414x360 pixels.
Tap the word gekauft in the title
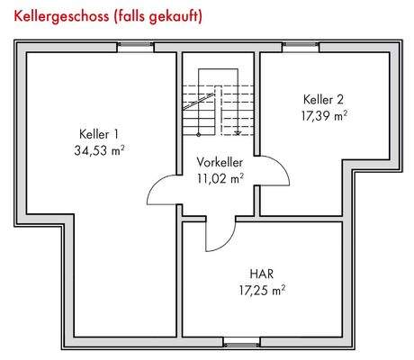pyautogui.click(x=171, y=16)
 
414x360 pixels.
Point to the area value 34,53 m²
pyautogui.click(x=99, y=150)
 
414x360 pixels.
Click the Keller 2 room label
pyautogui.click(x=324, y=99)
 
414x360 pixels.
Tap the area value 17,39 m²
pyautogui.click(x=324, y=114)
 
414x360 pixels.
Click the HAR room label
pyautogui.click(x=261, y=273)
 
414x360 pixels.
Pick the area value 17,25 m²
pyautogui.click(x=261, y=289)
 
